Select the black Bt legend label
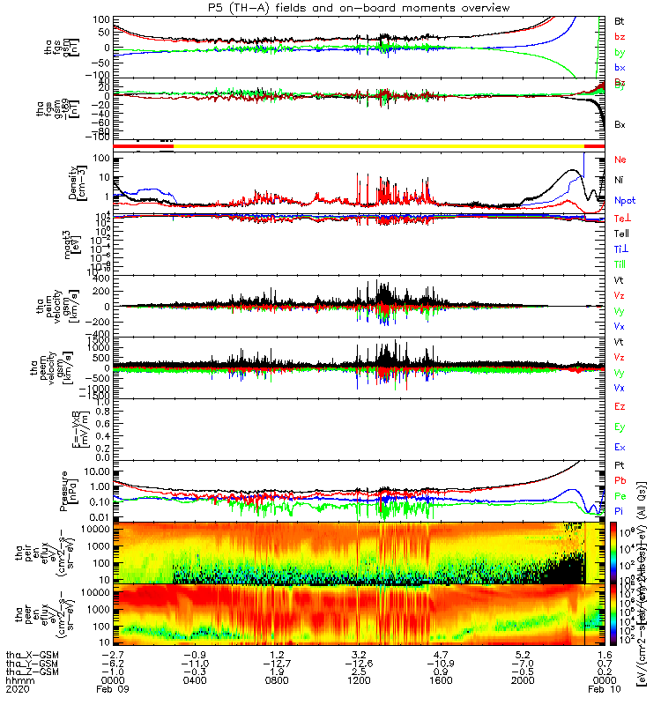[620, 19]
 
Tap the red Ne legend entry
[620, 160]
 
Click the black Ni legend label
[619, 180]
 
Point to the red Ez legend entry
[620, 406]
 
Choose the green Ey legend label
[620, 427]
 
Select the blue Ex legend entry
[620, 449]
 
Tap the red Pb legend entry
[620, 480]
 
